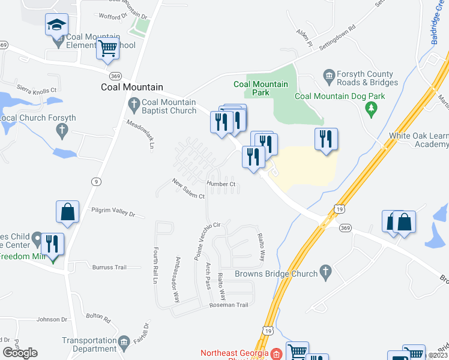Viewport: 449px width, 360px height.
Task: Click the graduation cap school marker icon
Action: coord(57,26)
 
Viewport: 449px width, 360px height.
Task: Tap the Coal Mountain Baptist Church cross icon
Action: coord(134,106)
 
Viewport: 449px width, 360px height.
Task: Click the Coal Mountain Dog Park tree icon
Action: coord(372,108)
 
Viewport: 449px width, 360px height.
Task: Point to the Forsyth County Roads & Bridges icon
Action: coord(328,75)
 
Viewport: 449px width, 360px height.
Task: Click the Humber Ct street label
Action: coord(220,184)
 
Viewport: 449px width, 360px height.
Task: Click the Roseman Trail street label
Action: coord(229,305)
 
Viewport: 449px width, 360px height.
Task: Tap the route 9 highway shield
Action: coord(96,181)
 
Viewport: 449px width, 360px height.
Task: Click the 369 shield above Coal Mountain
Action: coord(116,75)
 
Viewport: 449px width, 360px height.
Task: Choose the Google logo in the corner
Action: coord(20,353)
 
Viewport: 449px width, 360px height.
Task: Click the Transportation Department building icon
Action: coord(124,342)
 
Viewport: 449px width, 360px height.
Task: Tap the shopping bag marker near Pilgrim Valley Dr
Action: coord(68,212)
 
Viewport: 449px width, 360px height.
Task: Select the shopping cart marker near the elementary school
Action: coord(107,49)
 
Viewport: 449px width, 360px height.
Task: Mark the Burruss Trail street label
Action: coord(110,267)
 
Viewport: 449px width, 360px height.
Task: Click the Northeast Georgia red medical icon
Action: coord(276,354)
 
